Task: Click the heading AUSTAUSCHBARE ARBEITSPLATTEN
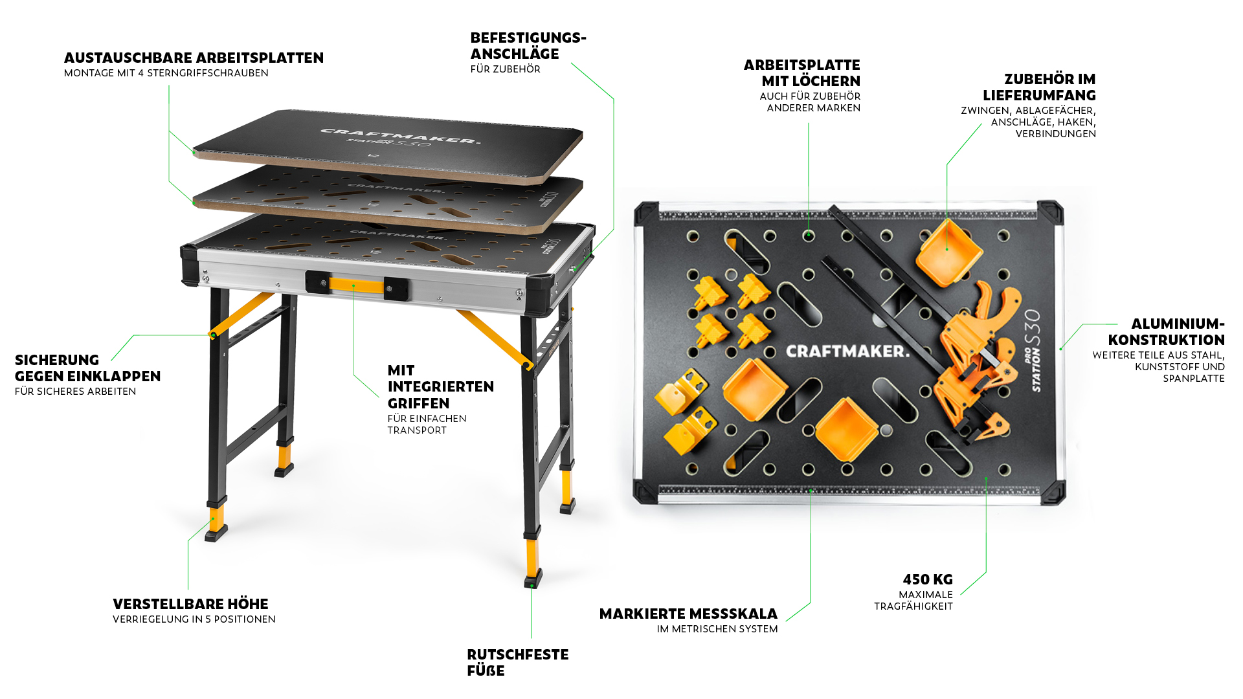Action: click(194, 58)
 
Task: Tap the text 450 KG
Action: click(928, 579)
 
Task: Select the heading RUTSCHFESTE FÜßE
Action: click(518, 662)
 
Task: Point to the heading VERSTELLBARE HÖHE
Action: click(190, 604)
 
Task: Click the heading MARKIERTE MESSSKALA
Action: click(688, 614)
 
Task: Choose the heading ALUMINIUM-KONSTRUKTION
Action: click(1166, 331)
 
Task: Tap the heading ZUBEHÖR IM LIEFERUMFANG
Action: click(1039, 87)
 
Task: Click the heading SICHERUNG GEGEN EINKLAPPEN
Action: click(87, 368)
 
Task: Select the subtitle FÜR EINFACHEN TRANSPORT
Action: click(427, 424)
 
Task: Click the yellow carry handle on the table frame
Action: click(357, 285)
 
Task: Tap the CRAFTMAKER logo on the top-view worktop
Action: click(847, 351)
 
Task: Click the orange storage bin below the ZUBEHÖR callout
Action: click(948, 253)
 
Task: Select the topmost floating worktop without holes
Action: click(388, 146)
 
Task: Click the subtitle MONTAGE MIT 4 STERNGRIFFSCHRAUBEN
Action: click(166, 73)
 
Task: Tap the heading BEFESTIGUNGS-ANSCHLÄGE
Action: click(528, 45)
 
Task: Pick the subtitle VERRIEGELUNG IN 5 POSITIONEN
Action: click(194, 619)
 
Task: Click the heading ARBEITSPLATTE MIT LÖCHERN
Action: click(802, 72)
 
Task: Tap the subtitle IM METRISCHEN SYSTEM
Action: click(717, 629)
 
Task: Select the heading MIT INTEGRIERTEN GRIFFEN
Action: click(441, 386)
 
